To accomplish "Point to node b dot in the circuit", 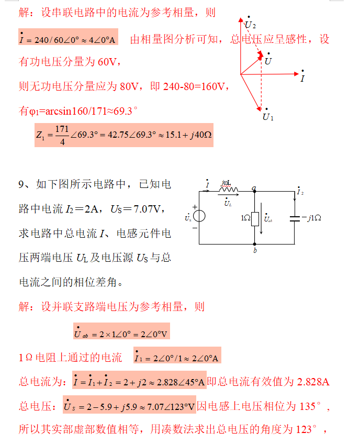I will pyautogui.click(x=254, y=245).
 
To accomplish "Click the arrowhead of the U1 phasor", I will pyautogui.click(x=259, y=109).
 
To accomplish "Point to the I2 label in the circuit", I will pyautogui.click(x=300, y=192).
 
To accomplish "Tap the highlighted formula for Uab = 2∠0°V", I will pyautogui.click(x=121, y=332).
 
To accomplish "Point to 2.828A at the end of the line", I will pyautogui.click(x=313, y=381).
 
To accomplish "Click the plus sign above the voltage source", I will pyautogui.click(x=195, y=207).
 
